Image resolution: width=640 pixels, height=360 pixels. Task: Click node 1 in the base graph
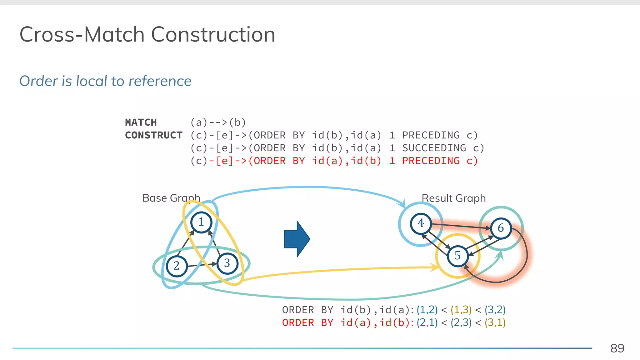click(201, 222)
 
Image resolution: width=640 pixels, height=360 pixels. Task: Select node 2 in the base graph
click(177, 266)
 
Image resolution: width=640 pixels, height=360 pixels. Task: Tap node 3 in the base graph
click(227, 263)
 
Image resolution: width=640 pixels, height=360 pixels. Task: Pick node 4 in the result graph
click(421, 223)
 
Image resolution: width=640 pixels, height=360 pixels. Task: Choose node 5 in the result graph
click(457, 256)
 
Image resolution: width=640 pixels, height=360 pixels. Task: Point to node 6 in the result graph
click(501, 228)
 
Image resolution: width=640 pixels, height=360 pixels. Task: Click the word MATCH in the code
click(141, 122)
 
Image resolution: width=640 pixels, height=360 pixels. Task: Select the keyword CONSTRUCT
click(154, 135)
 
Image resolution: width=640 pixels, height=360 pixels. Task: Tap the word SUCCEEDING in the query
click(434, 148)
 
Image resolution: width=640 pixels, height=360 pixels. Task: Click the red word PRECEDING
click(431, 161)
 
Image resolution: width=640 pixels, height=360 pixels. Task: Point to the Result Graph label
click(453, 198)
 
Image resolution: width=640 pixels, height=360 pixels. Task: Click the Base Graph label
click(171, 198)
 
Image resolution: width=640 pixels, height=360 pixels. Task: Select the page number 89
click(617, 348)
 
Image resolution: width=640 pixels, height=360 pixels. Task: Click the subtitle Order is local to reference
click(105, 81)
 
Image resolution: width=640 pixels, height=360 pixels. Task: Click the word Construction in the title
click(213, 34)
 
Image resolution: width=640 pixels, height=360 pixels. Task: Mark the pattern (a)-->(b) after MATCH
click(218, 122)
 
